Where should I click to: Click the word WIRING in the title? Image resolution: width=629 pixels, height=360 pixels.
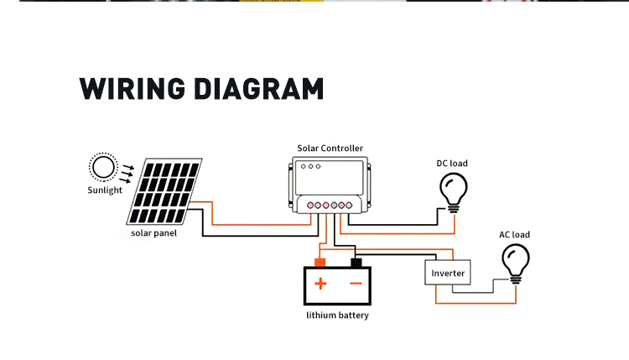click(133, 89)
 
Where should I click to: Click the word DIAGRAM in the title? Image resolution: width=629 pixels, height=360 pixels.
click(259, 89)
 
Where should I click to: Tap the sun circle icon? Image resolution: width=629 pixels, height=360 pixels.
click(103, 167)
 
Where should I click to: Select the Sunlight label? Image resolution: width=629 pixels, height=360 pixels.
click(105, 190)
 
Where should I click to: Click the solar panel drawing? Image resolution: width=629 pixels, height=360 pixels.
click(164, 191)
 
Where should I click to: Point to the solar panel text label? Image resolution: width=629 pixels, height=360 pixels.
click(153, 233)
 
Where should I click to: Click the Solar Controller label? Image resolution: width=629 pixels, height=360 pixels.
click(330, 148)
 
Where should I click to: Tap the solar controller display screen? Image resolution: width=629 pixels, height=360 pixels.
click(330, 177)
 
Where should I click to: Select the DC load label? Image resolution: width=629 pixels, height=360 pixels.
click(452, 164)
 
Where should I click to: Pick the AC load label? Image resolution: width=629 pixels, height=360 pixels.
click(514, 234)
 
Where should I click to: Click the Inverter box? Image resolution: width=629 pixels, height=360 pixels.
click(448, 273)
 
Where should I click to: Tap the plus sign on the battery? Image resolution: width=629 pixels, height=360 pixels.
click(320, 284)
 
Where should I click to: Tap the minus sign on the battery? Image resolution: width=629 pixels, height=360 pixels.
click(356, 284)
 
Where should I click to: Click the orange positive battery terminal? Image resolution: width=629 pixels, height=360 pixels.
click(320, 263)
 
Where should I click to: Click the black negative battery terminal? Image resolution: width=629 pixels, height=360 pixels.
click(356, 263)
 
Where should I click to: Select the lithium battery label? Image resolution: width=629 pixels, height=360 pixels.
click(337, 315)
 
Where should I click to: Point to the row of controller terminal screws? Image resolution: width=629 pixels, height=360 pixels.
click(330, 206)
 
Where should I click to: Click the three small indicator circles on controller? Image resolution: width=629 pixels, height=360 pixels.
click(310, 166)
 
